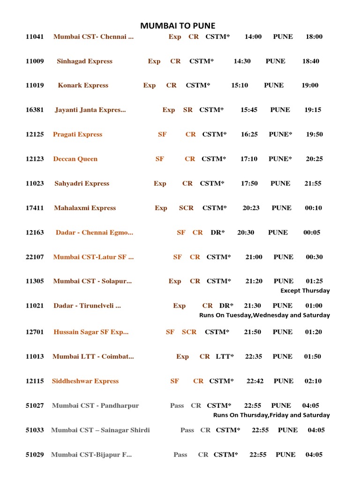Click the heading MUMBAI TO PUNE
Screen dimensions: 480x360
point(178,26)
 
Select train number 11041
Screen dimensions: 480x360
point(35,37)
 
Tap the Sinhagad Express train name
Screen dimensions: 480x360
point(84,61)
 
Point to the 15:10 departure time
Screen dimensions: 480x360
point(240,85)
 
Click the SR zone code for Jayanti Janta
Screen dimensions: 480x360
point(188,110)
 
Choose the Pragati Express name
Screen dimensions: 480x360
point(77,135)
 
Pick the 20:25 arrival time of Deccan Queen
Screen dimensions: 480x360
point(314,159)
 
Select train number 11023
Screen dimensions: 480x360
point(35,183)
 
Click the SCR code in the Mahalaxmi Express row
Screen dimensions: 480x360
point(186,208)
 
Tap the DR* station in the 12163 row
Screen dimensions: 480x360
point(217,232)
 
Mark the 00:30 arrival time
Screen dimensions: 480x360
point(314,257)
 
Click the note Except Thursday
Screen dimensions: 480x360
point(305,291)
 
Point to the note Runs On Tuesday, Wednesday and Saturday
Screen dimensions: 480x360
point(264,315)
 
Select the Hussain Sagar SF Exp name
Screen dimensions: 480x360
point(91,332)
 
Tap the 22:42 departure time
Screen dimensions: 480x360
point(255,381)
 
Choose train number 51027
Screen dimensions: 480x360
point(35,405)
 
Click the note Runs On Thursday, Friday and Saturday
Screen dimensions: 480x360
point(271,415)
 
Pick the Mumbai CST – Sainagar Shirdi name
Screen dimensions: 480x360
point(100,430)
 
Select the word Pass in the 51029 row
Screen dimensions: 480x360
point(180,454)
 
